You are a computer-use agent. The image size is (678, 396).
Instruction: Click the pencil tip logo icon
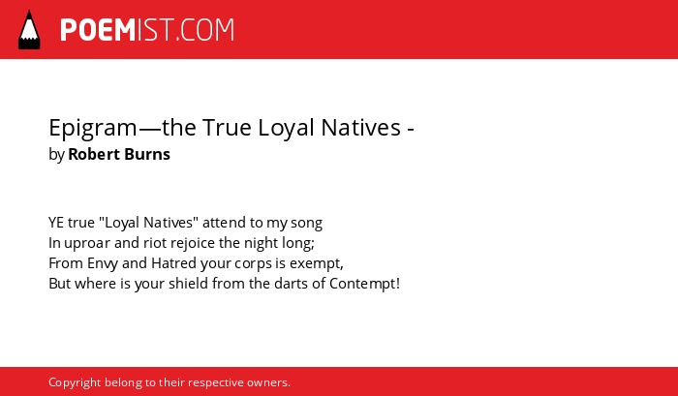[x=29, y=29]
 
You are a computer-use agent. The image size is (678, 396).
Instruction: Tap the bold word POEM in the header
[x=98, y=30]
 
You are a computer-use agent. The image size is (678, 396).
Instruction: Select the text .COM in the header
[x=205, y=30]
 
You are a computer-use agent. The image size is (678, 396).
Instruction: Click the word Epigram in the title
[x=93, y=129]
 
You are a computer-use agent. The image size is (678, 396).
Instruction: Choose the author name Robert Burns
[x=119, y=154]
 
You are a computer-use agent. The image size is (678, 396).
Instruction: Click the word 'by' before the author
[x=56, y=155]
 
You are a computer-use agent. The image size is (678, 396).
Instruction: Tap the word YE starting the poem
[x=56, y=223]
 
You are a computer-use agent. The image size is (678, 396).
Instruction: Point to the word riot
[x=155, y=243]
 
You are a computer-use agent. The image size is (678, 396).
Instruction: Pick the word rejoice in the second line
[x=193, y=244]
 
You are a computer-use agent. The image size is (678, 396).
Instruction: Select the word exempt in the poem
[x=316, y=264]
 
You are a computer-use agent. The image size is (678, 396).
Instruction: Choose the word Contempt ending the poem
[x=364, y=284]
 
